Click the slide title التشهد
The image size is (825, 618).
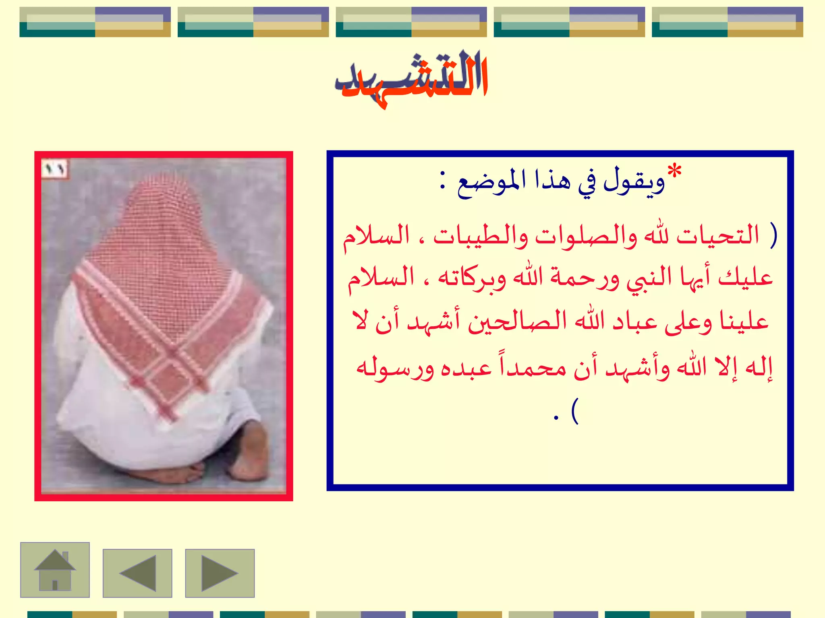coord(412,78)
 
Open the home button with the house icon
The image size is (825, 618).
coord(55,570)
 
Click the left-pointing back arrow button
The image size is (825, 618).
coord(137,573)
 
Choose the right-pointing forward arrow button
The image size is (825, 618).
coord(220,573)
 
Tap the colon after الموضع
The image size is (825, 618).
coord(443,181)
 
